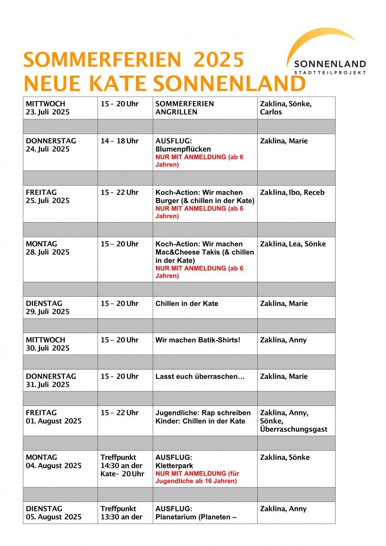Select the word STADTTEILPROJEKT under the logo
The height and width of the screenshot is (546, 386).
[330, 72]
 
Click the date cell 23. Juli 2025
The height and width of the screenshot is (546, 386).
[48, 112]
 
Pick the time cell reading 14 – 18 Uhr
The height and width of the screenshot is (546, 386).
[120, 141]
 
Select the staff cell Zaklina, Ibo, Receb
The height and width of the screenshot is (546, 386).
[292, 192]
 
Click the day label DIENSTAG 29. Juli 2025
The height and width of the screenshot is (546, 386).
[48, 308]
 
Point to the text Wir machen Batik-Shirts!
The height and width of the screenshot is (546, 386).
[198, 340]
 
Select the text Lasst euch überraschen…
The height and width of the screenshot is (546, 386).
[200, 376]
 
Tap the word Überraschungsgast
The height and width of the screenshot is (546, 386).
[294, 429]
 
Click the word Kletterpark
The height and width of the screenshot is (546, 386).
[175, 465]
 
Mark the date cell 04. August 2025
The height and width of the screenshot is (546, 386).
[54, 465]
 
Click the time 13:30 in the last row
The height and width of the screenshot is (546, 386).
[110, 517]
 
